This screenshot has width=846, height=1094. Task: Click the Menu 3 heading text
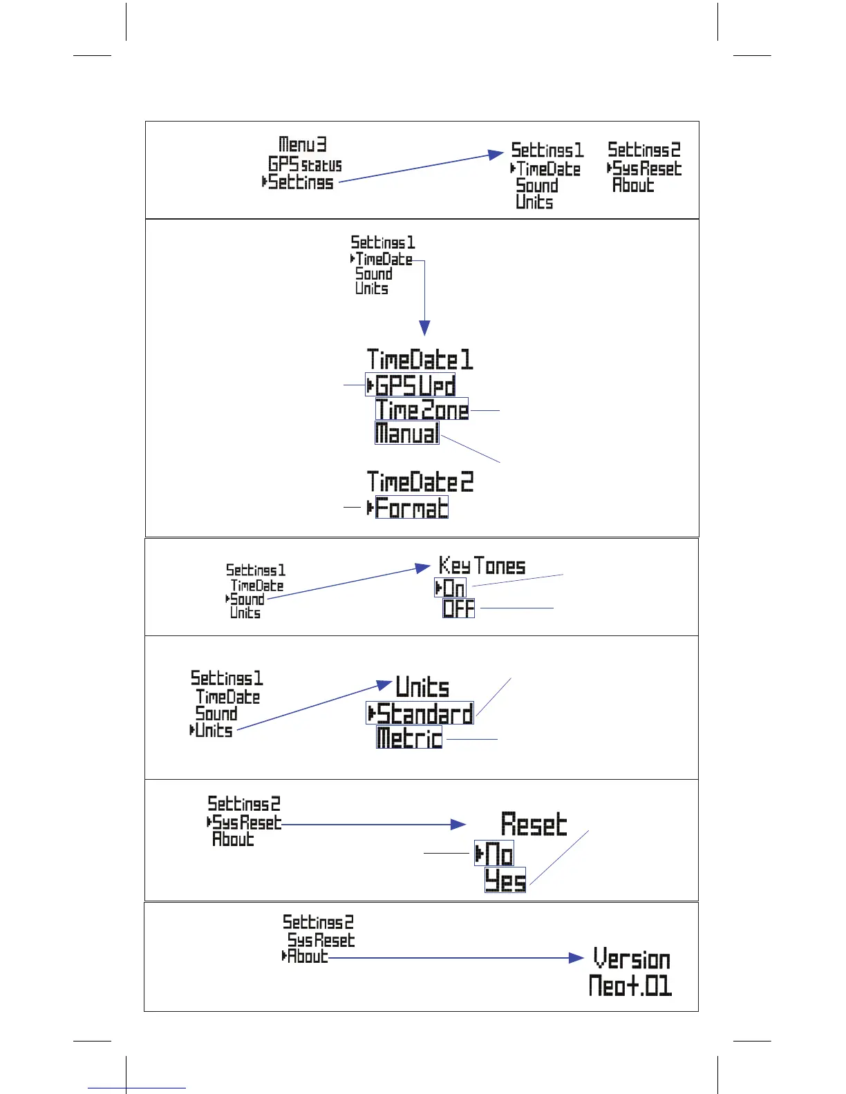pos(302,144)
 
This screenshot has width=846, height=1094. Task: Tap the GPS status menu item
pos(305,164)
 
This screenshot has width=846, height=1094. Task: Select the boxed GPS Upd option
pos(411,385)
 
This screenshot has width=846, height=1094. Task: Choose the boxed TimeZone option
pos(422,410)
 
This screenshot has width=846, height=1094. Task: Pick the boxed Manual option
pos(406,433)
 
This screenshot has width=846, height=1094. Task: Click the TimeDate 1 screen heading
pos(420,360)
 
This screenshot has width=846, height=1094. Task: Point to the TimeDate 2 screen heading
pos(420,481)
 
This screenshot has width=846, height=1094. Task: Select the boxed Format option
pos(411,508)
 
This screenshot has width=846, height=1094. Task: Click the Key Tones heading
pos(482,566)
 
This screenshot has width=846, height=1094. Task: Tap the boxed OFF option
pos(459,608)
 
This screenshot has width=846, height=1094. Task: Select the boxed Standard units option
pos(420,713)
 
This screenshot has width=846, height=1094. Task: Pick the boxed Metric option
pos(409,738)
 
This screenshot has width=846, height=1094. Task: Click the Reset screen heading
pos(534,825)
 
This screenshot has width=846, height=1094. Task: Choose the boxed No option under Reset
pos(495,854)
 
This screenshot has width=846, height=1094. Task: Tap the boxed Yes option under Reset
pos(505,881)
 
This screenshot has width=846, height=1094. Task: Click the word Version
pos(632,959)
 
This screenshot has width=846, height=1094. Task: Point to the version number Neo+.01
pos(630,986)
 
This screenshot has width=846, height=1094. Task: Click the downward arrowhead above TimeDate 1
pos(424,327)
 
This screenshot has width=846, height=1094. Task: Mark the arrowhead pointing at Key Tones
pos(423,568)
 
